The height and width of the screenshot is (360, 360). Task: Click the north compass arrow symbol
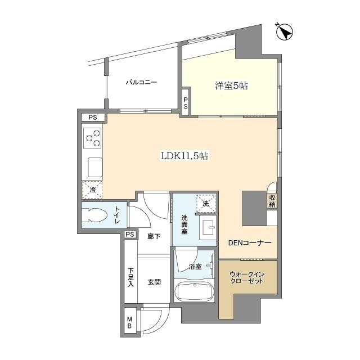[285, 32]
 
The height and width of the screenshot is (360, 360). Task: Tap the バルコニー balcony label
[141, 82]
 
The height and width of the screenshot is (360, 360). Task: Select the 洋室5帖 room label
[231, 86]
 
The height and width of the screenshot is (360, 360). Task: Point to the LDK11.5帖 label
[184, 156]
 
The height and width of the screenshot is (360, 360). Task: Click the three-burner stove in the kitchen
[92, 138]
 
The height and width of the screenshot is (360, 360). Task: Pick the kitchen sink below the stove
[95, 168]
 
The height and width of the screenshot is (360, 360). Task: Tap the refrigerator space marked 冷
[92, 190]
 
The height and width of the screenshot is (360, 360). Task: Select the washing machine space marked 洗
[206, 203]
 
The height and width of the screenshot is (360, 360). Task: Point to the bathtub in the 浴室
[194, 291]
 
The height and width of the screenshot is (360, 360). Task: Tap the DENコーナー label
[250, 242]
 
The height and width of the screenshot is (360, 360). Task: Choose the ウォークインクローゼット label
[247, 277]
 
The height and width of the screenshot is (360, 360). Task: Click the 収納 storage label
[272, 201]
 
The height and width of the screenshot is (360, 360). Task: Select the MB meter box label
[129, 322]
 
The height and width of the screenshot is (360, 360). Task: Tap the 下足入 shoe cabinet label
[130, 277]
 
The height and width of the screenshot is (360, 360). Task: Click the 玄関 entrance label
[154, 282]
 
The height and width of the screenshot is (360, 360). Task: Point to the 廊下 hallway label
[154, 236]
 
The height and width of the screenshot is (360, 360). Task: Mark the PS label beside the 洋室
[186, 103]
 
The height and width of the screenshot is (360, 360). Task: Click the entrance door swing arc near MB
[159, 326]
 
